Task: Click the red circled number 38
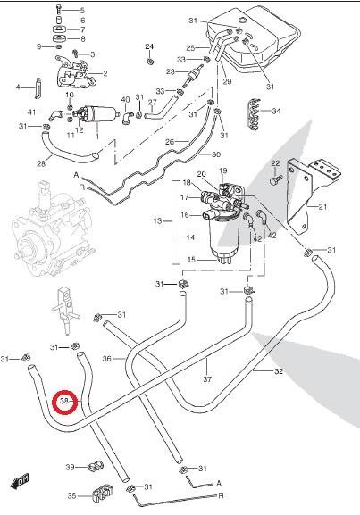click(65, 401)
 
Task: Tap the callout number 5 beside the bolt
click(82, 11)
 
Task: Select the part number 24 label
click(149, 46)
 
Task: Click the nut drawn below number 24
click(149, 62)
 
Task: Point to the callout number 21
click(322, 206)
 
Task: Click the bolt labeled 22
click(276, 179)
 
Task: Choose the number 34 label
click(276, 111)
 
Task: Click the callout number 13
click(158, 221)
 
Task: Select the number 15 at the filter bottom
click(191, 260)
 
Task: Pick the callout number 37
click(207, 379)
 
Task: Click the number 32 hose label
click(279, 371)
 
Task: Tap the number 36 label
click(107, 359)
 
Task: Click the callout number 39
click(70, 467)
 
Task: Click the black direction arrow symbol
click(20, 482)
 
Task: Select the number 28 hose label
click(41, 163)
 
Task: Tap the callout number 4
click(18, 87)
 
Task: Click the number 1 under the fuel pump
click(97, 136)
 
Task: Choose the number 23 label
click(171, 71)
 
